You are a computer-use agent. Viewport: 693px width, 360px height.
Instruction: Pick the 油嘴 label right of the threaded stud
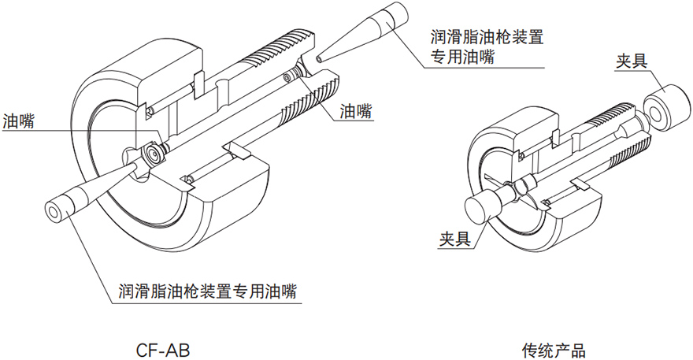click(x=357, y=110)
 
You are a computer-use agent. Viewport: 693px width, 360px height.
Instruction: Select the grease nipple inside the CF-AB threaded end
click(x=293, y=76)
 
